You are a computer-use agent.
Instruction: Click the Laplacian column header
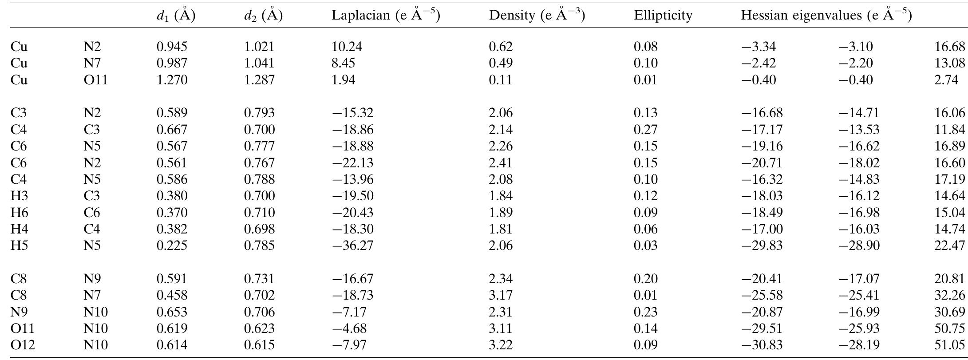(385, 16)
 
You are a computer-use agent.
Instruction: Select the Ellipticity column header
(663, 16)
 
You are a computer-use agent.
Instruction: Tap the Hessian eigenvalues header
(826, 16)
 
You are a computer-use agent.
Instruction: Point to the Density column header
(537, 16)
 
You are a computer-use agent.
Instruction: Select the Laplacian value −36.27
(353, 245)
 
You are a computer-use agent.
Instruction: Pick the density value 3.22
(500, 345)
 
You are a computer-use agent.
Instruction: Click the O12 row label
(23, 345)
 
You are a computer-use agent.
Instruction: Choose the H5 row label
(20, 245)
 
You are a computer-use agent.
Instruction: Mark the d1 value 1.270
(172, 80)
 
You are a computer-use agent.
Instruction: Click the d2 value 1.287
(259, 80)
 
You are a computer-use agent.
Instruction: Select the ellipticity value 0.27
(645, 130)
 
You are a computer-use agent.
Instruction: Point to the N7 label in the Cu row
(92, 63)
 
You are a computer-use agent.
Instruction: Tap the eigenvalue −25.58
(762, 295)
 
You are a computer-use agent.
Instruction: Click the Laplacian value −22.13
(353, 163)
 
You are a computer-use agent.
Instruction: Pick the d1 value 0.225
(172, 245)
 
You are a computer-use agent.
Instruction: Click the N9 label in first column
(20, 312)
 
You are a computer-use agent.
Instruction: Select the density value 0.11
(500, 80)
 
